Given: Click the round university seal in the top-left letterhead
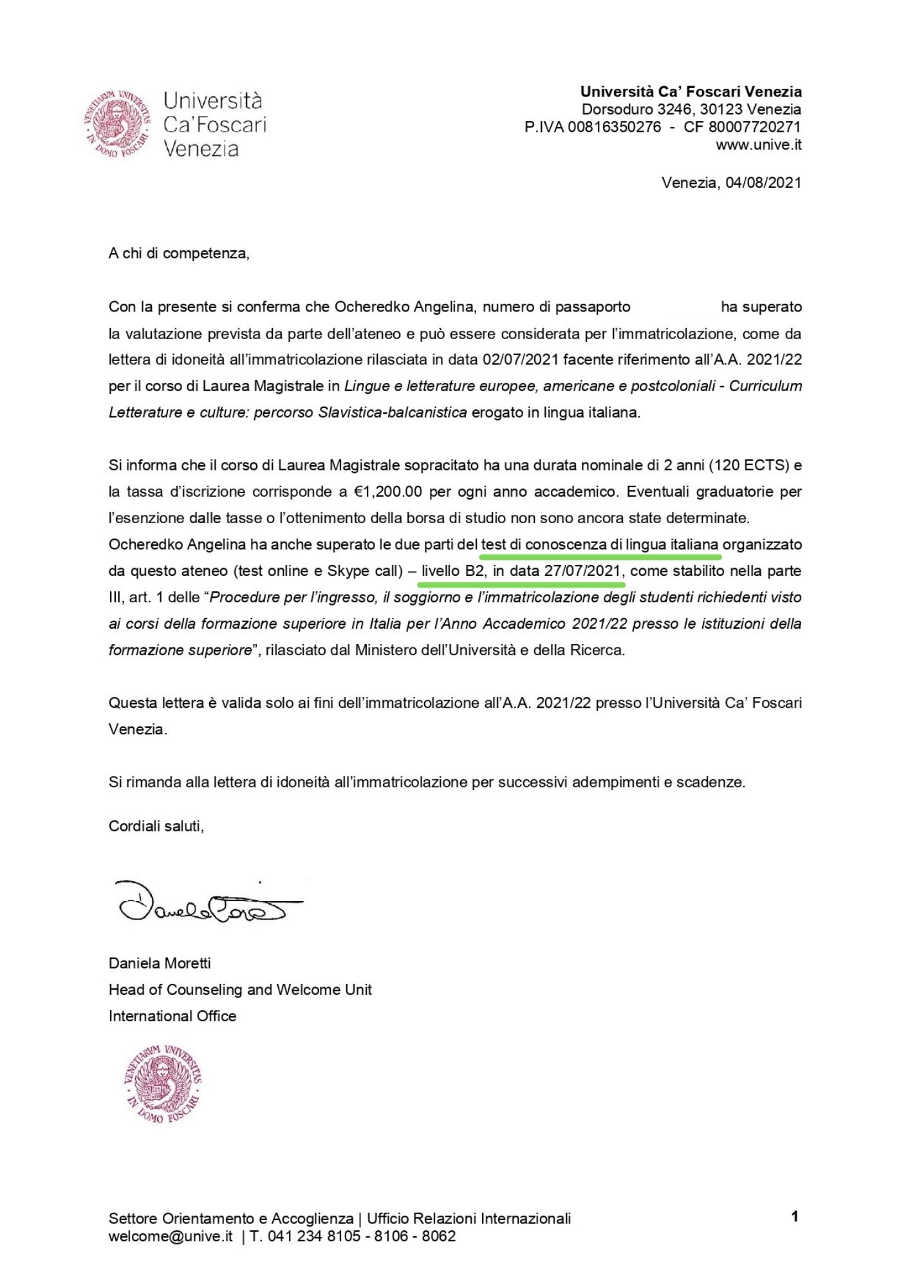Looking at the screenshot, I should (118, 124).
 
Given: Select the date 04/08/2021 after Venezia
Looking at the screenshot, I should (763, 183).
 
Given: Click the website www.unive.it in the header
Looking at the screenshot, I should (758, 145).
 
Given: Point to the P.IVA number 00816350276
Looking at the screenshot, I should (614, 127).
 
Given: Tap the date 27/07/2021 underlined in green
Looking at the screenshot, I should (582, 571).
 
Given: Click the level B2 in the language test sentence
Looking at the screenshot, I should (474, 571).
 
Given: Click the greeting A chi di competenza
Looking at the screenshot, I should (178, 254).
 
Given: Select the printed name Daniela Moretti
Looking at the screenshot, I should (160, 963).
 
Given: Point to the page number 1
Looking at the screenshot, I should (795, 1217).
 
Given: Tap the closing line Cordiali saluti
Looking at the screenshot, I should (156, 826).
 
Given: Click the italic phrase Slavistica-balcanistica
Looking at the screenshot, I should (393, 412).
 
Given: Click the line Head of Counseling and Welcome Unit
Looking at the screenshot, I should (240, 990).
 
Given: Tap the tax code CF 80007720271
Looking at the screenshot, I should (742, 127).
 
